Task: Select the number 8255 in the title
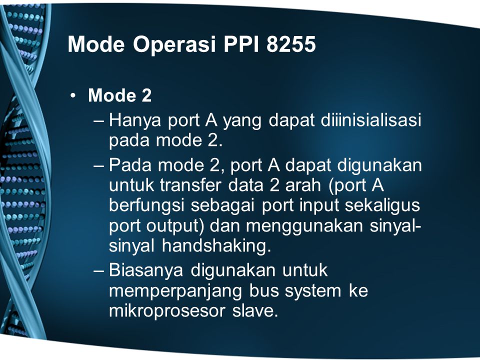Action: pos(291,44)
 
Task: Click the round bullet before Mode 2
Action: pos(72,96)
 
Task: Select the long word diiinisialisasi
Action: pos(371,120)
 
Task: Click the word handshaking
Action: pos(216,246)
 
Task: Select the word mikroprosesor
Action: pos(167,311)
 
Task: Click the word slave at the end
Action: pos(255,310)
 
